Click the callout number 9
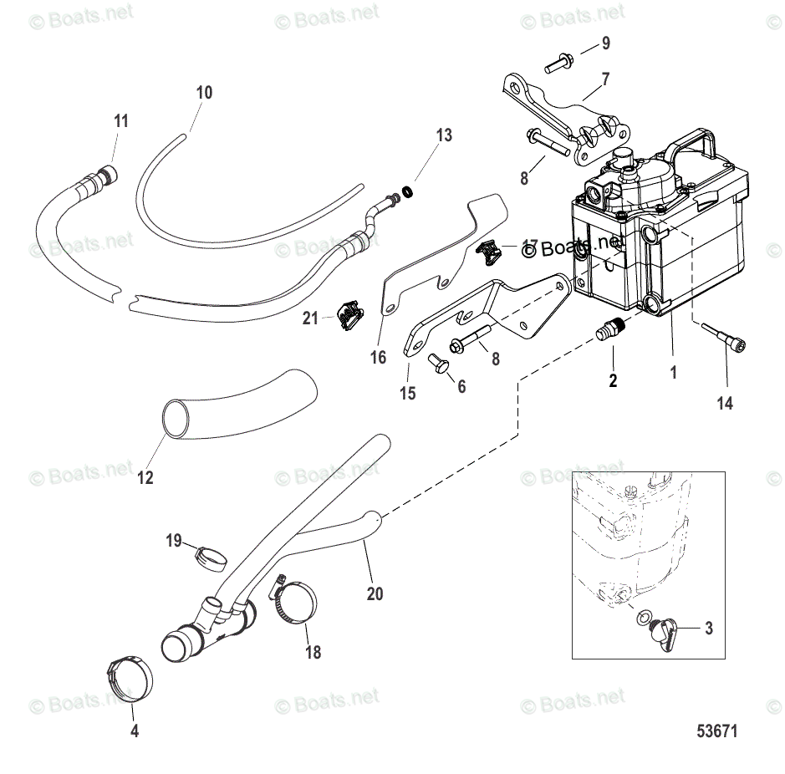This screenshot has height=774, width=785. click(606, 43)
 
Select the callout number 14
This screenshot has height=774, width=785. click(725, 403)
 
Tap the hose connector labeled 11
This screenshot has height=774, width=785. click(104, 176)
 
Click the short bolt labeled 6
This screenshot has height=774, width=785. click(436, 362)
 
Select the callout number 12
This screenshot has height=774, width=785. click(145, 478)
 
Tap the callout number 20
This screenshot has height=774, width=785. click(375, 593)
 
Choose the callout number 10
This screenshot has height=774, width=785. click(205, 92)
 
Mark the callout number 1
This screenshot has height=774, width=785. click(674, 375)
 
